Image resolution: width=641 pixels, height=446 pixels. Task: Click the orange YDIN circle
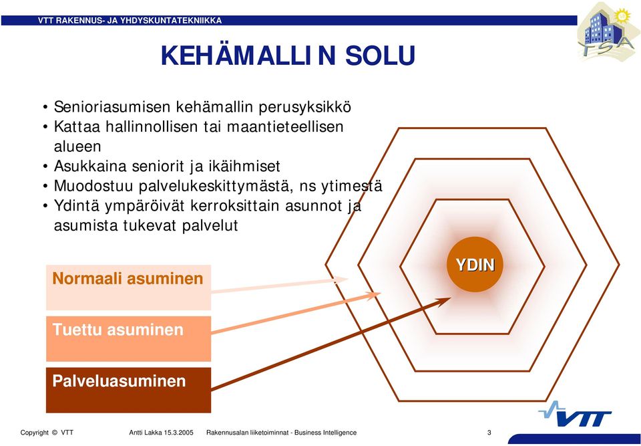coord(475,265)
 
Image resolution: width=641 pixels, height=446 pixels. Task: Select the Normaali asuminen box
coord(128,288)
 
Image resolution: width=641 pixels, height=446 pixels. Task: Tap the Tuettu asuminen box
coord(128,339)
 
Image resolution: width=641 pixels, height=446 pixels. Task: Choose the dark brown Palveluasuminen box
coord(128,390)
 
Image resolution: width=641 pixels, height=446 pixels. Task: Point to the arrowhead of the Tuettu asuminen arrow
coord(373,295)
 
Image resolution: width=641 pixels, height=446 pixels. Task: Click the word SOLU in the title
coord(380,55)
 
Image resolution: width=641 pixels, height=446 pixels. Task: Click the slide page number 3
coord(489,433)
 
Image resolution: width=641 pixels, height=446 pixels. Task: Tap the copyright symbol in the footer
coord(54,433)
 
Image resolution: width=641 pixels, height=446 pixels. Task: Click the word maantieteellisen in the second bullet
coord(285,127)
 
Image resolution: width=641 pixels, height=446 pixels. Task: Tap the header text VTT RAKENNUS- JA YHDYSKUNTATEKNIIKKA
coord(130,21)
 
